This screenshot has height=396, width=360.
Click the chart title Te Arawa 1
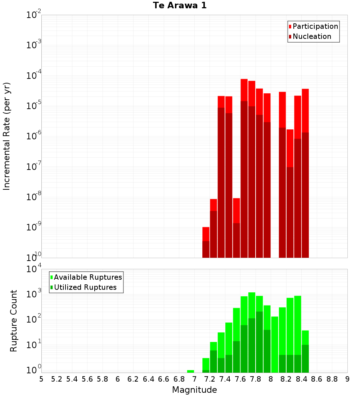click(180, 6)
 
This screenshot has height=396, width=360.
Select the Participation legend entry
click(315, 26)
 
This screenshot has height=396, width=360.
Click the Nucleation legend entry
click(311, 36)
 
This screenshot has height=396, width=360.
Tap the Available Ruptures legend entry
click(87, 277)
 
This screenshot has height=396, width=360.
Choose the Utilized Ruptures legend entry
click(85, 287)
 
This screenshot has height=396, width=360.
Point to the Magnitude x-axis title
click(194, 390)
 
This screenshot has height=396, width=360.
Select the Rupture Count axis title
click(14, 320)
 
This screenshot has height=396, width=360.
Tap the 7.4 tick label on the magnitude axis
click(225, 379)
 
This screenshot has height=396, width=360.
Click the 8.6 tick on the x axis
click(317, 379)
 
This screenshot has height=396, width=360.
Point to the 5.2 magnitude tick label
click(57, 379)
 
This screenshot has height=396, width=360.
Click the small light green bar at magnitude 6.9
click(190, 371)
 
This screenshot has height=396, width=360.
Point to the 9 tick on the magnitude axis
click(347, 379)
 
